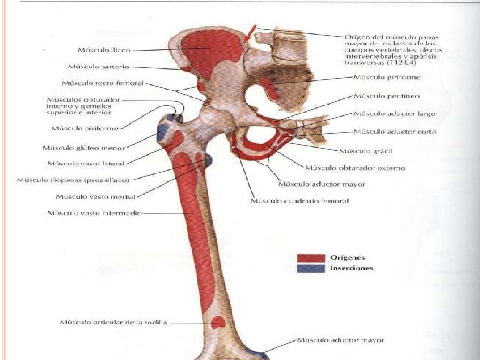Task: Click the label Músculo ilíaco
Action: click(x=104, y=50)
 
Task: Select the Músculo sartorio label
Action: click(x=98, y=67)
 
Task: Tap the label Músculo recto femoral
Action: click(x=103, y=83)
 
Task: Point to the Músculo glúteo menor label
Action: click(x=84, y=148)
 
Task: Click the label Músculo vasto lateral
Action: click(x=86, y=164)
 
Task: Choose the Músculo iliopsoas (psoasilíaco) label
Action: click(x=73, y=180)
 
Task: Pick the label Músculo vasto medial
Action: click(x=96, y=196)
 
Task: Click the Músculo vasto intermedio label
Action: click(x=95, y=213)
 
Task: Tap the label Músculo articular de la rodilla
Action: click(x=113, y=322)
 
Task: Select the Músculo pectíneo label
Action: click(x=387, y=96)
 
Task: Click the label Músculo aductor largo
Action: click(x=395, y=114)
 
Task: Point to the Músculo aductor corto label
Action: click(x=395, y=132)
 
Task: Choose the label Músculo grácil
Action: click(x=366, y=151)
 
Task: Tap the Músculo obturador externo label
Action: click(x=355, y=168)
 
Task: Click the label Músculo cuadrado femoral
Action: click(x=300, y=201)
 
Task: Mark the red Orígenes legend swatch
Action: click(x=311, y=258)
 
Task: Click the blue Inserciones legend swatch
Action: click(x=311, y=269)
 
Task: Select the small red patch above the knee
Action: click(x=218, y=322)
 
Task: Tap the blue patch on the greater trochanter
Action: click(x=162, y=133)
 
